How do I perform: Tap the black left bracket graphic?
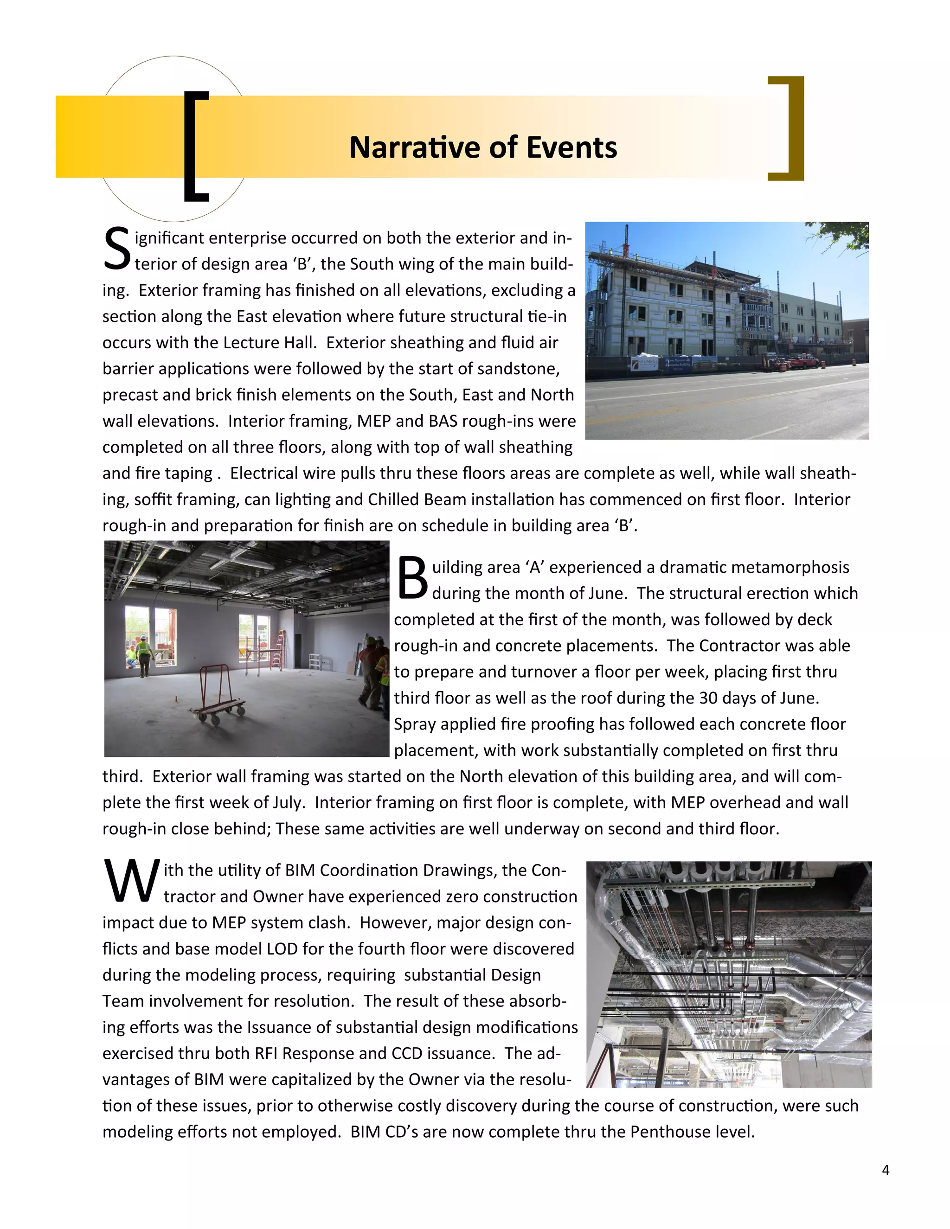[195, 146]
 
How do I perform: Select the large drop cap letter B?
[412, 578]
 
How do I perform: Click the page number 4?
[885, 1170]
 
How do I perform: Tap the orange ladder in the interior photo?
[277, 649]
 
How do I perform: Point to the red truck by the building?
[802, 361]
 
